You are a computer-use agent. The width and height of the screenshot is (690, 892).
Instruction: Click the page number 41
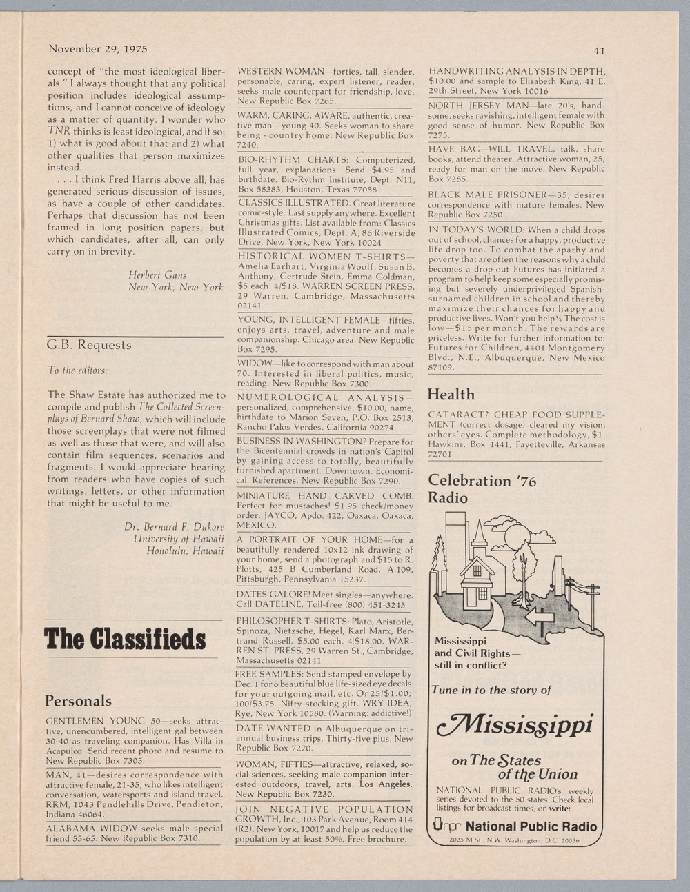pyautogui.click(x=598, y=50)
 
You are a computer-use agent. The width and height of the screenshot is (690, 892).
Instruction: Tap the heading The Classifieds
pyautogui.click(x=125, y=639)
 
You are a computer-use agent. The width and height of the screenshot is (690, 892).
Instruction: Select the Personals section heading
pyautogui.click(x=78, y=701)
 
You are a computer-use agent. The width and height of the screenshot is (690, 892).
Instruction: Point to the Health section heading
pyautogui.click(x=451, y=394)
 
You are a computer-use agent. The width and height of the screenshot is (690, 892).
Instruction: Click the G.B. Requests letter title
pyautogui.click(x=88, y=345)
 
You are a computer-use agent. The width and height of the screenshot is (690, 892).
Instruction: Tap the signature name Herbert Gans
pyautogui.click(x=157, y=275)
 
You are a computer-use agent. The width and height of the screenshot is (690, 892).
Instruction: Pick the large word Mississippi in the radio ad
pyautogui.click(x=515, y=724)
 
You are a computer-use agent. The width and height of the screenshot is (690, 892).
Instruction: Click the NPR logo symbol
pyautogui.click(x=446, y=826)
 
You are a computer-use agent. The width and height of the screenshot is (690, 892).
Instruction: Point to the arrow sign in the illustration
pyautogui.click(x=539, y=616)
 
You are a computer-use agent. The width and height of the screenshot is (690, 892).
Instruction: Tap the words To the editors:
pyautogui.click(x=77, y=370)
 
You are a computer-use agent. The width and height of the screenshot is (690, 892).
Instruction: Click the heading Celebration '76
pyautogui.click(x=482, y=480)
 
